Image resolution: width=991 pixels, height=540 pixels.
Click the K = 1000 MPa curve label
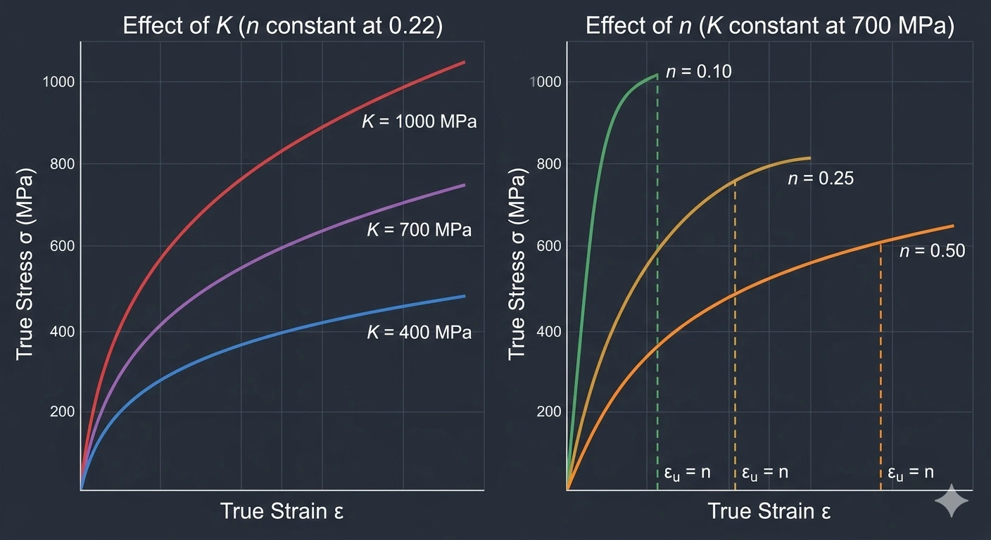point(419,122)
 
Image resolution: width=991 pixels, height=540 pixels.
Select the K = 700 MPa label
point(419,230)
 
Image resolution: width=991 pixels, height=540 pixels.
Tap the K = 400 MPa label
point(419,332)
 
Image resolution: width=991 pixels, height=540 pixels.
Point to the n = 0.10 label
point(698,71)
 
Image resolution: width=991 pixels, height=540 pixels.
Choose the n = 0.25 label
point(820,179)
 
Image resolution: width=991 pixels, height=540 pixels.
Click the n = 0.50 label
point(932,250)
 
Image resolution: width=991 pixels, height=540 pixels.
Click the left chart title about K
point(282,27)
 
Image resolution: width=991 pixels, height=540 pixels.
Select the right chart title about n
point(769,27)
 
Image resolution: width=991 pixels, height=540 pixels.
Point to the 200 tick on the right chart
point(549,412)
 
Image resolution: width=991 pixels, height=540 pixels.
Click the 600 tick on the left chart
point(63,246)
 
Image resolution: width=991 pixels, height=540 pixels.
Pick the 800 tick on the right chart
point(549,164)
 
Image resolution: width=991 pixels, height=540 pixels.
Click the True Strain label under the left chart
point(282,511)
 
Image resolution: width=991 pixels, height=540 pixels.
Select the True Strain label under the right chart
point(769,511)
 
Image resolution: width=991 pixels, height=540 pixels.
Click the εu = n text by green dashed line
point(687,472)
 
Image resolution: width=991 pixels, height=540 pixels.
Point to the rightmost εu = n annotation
point(910,472)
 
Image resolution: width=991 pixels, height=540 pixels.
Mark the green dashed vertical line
point(657,281)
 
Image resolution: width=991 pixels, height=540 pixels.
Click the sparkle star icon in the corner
point(952,501)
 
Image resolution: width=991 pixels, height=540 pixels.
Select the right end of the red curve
point(464,63)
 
